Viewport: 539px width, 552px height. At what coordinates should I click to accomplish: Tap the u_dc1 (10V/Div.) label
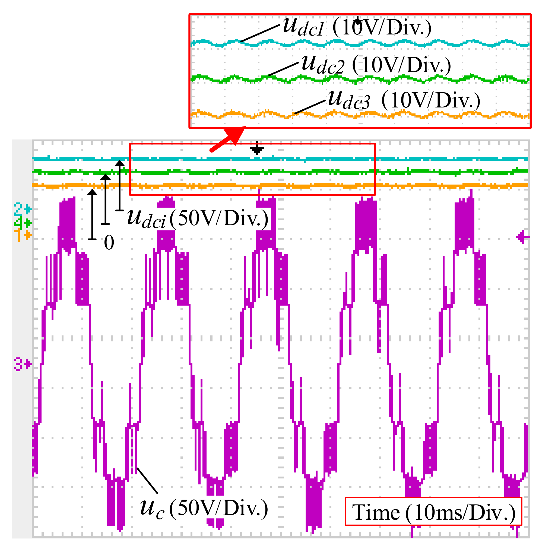coord(357,28)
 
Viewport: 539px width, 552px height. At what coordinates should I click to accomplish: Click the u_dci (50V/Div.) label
coord(198,218)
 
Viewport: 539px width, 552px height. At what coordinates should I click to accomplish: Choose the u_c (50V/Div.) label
coord(204,507)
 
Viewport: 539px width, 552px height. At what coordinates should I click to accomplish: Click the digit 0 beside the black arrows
coord(109,243)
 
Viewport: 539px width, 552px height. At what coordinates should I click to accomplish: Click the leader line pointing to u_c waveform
coord(147,480)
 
